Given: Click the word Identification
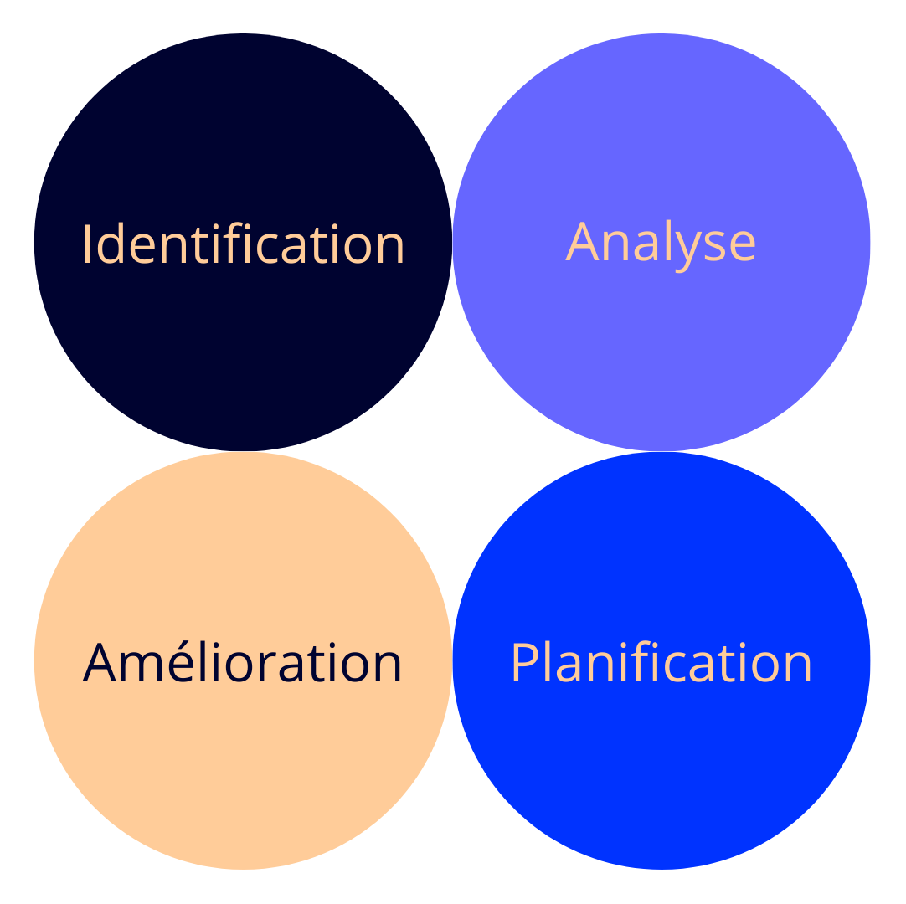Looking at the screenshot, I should [x=243, y=244].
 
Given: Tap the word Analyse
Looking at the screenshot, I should [x=661, y=244].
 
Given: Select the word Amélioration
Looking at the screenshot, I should [x=243, y=663].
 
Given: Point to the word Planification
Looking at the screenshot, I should [x=661, y=664].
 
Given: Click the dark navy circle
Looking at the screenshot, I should [x=243, y=352].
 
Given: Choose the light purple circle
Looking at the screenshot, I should [x=661, y=352].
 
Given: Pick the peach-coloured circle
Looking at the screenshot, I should [x=243, y=770].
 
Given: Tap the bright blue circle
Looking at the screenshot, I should [x=661, y=770].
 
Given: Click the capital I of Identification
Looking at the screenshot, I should [x=87, y=244].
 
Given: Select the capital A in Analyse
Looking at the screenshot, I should [x=583, y=243].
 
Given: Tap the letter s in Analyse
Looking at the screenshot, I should [x=713, y=246].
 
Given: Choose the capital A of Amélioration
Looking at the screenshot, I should [x=99, y=663].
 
